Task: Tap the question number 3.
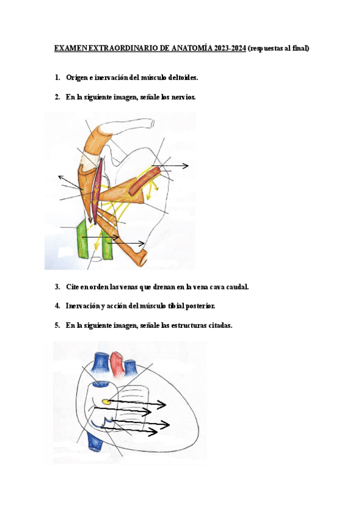click(57, 287)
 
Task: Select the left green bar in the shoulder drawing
click(82, 241)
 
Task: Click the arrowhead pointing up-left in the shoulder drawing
click(59, 176)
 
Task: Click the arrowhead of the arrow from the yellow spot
click(164, 404)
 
